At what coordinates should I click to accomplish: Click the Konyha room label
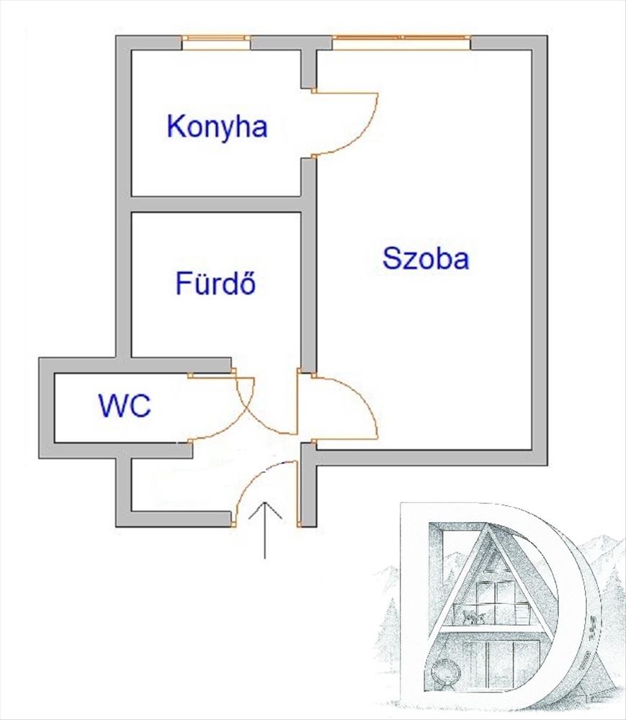tap(217, 127)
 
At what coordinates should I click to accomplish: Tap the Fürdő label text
tap(216, 284)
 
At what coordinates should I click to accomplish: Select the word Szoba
tap(426, 258)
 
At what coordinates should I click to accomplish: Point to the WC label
tap(125, 407)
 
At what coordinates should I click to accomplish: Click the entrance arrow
tap(266, 529)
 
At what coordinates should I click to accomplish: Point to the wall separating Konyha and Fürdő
tap(216, 204)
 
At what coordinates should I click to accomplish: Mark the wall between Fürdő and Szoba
tap(308, 288)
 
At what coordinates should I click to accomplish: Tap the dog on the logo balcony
tap(473, 616)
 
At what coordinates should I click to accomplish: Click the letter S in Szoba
tap(392, 258)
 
